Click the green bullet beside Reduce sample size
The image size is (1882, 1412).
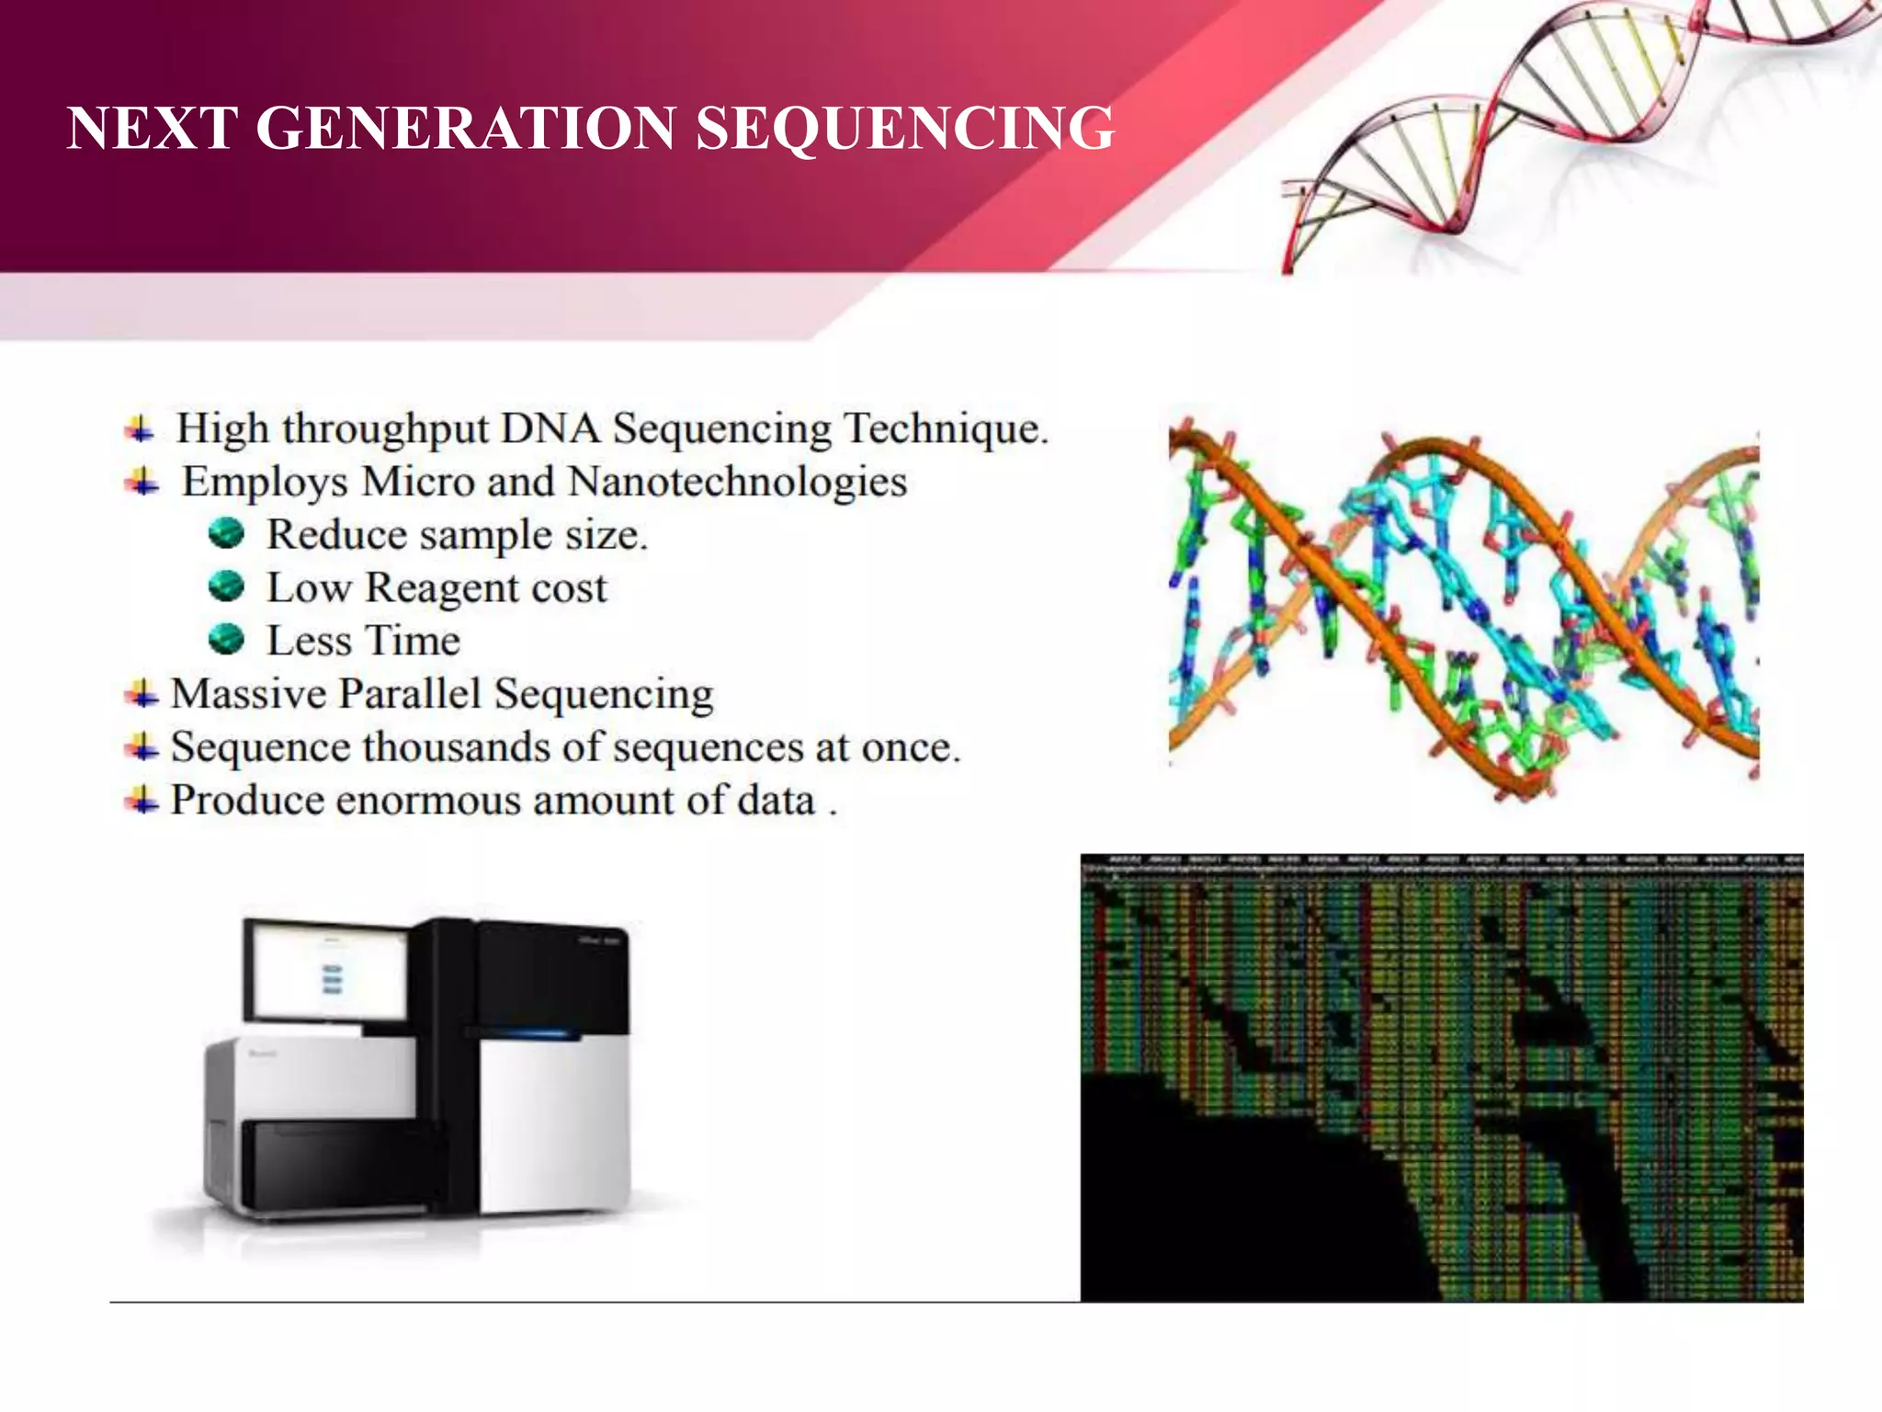226,533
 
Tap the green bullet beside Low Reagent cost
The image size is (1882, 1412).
226,586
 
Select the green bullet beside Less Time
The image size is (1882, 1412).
226,639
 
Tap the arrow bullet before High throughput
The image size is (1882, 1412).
140,428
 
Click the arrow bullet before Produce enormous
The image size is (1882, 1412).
142,799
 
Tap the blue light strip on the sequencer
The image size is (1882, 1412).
533,1034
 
